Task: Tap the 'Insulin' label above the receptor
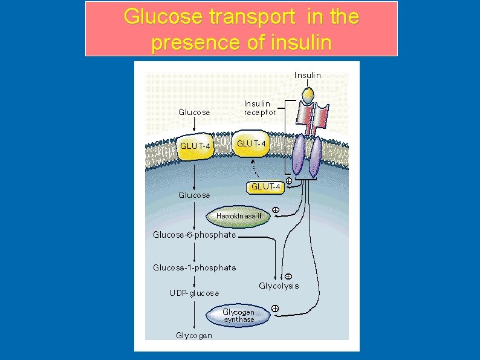(x=307, y=76)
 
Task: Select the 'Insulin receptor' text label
(x=259, y=108)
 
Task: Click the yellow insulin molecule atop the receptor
(x=308, y=95)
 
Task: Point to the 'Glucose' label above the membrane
(x=194, y=112)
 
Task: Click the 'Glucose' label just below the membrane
(x=194, y=195)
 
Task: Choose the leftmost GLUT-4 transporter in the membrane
(x=195, y=146)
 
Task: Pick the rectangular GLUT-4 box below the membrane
(x=265, y=187)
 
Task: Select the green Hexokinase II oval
(x=239, y=216)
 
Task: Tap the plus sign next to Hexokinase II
(x=274, y=210)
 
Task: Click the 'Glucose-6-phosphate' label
(x=194, y=235)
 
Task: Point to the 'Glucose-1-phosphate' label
(x=194, y=267)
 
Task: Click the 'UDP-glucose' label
(x=194, y=293)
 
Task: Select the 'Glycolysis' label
(x=279, y=286)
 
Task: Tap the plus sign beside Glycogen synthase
(x=275, y=309)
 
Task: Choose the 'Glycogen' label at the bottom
(x=194, y=335)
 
